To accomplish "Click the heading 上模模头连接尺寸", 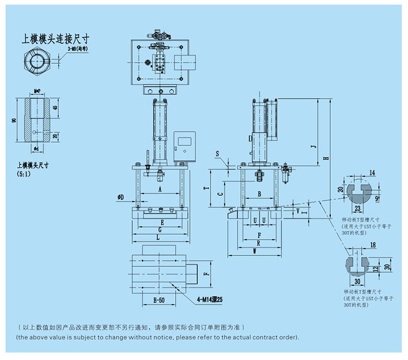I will pyautogui.click(x=54, y=39).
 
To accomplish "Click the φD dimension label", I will pyautogui.click(x=120, y=196).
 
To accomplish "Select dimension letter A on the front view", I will pyautogui.click(x=160, y=190).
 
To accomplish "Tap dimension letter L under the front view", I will pyautogui.click(x=158, y=237).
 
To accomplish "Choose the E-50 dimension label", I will pyautogui.click(x=159, y=301).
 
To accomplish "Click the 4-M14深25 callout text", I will pyautogui.click(x=209, y=300).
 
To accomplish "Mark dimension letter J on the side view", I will pyautogui.click(x=312, y=147).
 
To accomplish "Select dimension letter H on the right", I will pyautogui.click(x=325, y=158).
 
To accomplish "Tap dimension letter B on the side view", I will pyautogui.click(x=259, y=193).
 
